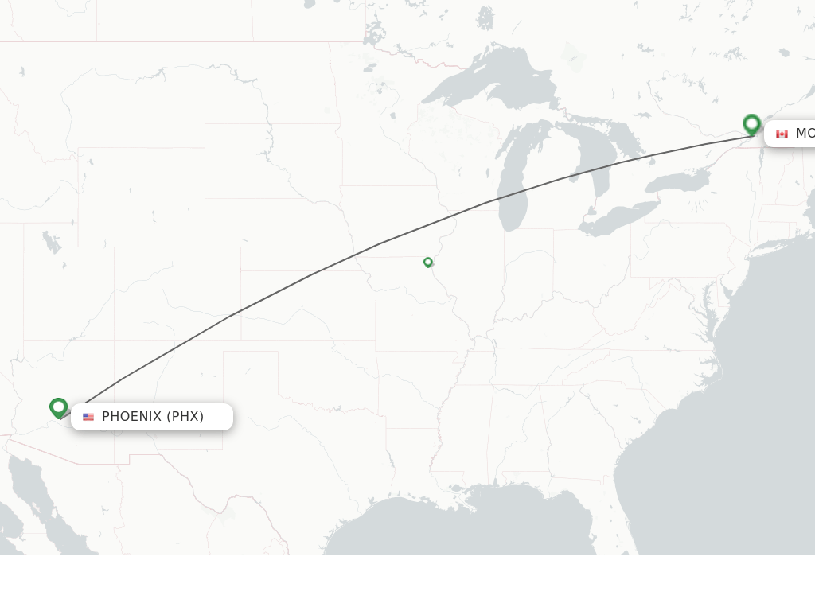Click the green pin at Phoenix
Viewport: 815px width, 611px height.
pyautogui.click(x=58, y=407)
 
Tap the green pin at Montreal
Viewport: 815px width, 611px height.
pyautogui.click(x=751, y=124)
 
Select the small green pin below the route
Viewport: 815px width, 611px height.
pyautogui.click(x=428, y=262)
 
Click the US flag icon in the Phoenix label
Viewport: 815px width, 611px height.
pyautogui.click(x=88, y=417)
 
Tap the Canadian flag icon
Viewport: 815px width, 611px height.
pyautogui.click(x=782, y=134)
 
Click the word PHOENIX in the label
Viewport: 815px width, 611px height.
pyautogui.click(x=131, y=417)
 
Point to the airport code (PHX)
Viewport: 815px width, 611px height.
pyautogui.click(x=185, y=417)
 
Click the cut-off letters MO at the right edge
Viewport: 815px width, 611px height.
pyautogui.click(x=804, y=134)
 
